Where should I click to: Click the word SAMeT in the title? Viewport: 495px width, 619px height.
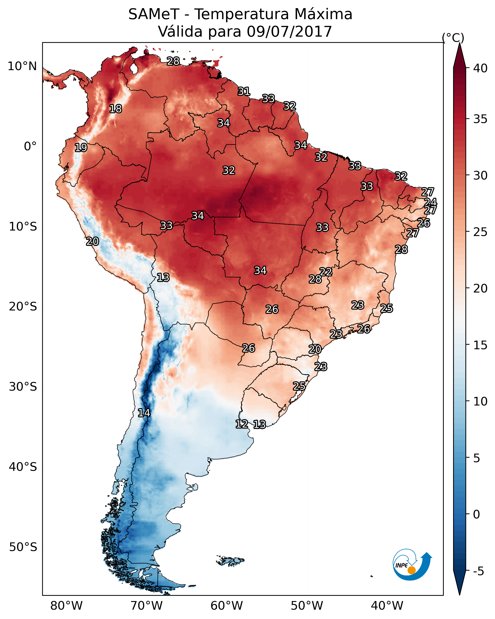click(x=154, y=14)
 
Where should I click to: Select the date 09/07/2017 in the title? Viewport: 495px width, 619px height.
click(x=289, y=32)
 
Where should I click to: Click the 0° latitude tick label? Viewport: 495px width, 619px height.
click(x=30, y=146)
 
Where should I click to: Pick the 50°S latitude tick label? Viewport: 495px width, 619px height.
click(x=23, y=547)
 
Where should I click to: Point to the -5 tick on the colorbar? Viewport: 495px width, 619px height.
click(x=478, y=571)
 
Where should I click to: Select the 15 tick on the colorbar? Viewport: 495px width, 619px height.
click(x=480, y=345)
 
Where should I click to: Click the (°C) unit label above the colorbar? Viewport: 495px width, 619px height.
click(x=453, y=38)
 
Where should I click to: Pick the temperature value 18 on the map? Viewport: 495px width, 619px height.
click(x=115, y=109)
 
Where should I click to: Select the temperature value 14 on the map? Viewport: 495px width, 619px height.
click(x=144, y=413)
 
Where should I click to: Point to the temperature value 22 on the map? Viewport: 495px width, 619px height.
click(x=326, y=272)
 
